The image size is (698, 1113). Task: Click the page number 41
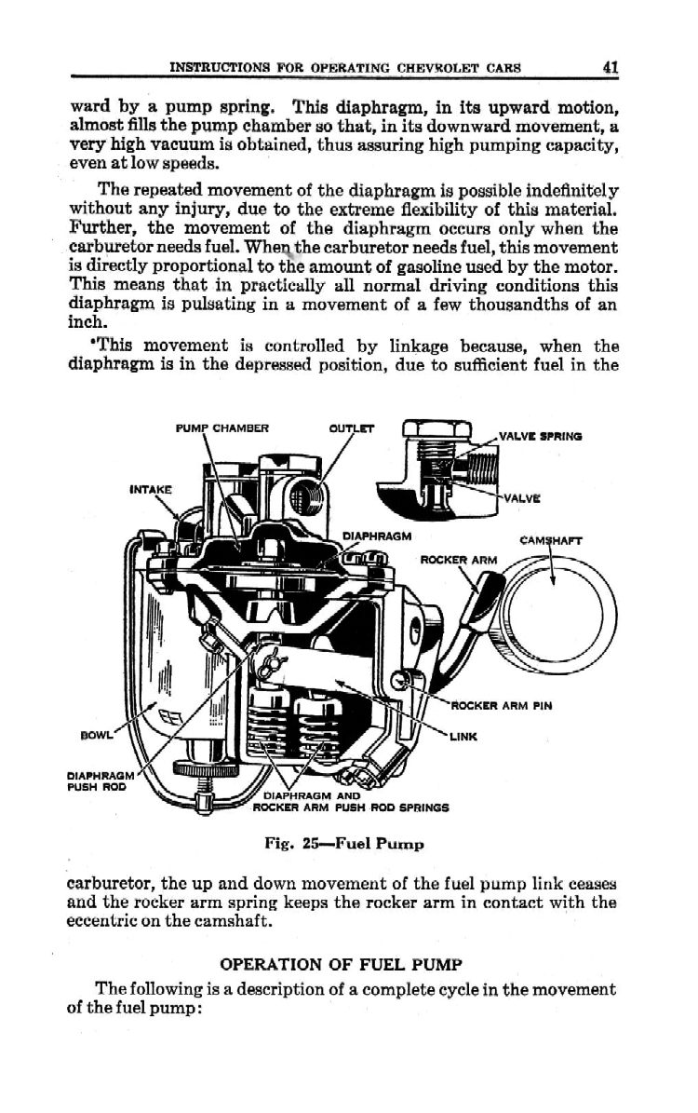click(x=611, y=66)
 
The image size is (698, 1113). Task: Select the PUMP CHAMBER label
click(x=221, y=429)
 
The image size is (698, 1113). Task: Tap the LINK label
click(x=463, y=737)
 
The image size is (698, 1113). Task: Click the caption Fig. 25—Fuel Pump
click(x=344, y=844)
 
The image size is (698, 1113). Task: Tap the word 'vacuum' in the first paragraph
click(x=169, y=146)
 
